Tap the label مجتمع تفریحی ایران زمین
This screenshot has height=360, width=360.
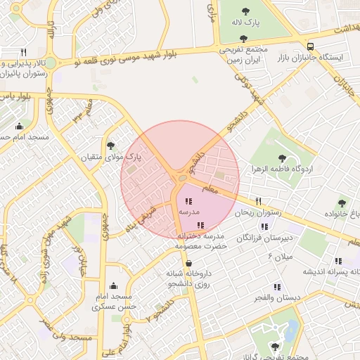pyautogui.click(x=243, y=55)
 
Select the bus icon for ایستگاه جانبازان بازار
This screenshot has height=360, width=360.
pyautogui.click(x=311, y=46)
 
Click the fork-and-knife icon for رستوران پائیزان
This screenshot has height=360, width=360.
pyautogui.click(x=23, y=52)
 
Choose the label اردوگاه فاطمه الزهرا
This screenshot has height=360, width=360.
pyautogui.click(x=282, y=170)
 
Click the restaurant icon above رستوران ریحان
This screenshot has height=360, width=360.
pyautogui.click(x=259, y=201)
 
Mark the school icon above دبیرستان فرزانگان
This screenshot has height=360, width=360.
pyautogui.click(x=264, y=226)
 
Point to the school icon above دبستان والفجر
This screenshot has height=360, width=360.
pyautogui.click(x=277, y=286)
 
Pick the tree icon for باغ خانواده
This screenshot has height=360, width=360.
pyautogui.click(x=342, y=202)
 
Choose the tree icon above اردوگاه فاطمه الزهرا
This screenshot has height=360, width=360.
pyautogui.click(x=282, y=158)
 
